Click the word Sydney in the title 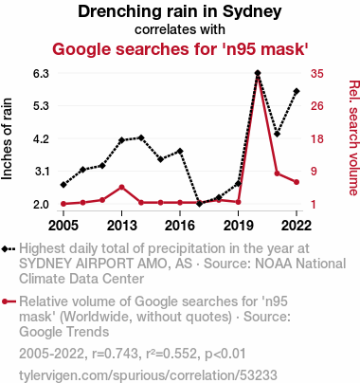[x=252, y=12]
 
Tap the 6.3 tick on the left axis [x=41, y=73]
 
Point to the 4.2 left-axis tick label [x=41, y=138]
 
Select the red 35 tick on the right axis [x=317, y=73]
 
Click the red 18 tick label [x=317, y=138]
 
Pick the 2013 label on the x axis [x=122, y=226]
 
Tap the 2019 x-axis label [x=239, y=226]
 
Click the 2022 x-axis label [x=297, y=226]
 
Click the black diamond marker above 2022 [x=297, y=91]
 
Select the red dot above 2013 [x=122, y=187]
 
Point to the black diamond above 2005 [x=63, y=185]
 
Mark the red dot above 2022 [x=297, y=182]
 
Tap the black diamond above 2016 [x=180, y=151]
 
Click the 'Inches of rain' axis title [x=7, y=138]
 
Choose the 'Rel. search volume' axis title [x=354, y=138]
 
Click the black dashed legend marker [x=9, y=249]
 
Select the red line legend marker [x=9, y=301]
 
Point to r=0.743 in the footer [x=116, y=354]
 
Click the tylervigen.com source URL [x=148, y=375]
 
